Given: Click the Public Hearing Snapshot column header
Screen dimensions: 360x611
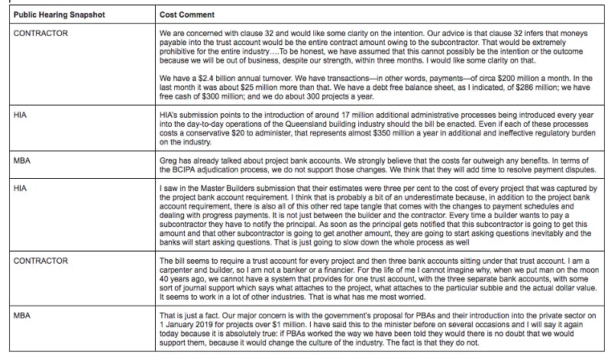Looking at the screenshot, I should pos(53,15).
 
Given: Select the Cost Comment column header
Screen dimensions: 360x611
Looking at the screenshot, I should pos(187,15).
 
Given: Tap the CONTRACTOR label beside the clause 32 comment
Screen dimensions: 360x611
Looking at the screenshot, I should pos(41,34).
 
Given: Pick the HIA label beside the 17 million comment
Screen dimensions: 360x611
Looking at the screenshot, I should pos(21,113).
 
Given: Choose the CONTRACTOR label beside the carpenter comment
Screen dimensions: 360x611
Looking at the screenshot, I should pos(41,261).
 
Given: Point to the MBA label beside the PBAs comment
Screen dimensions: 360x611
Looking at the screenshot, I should pos(22,313).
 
